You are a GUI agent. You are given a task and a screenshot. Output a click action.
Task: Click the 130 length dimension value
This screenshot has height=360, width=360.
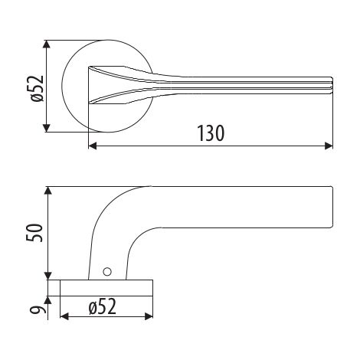click(211, 133)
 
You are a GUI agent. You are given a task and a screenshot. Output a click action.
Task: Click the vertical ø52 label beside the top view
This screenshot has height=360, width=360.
click(38, 89)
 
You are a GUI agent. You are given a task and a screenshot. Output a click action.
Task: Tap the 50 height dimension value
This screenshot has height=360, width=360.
click(34, 233)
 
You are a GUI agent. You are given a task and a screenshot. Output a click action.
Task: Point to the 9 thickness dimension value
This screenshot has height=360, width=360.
click(34, 310)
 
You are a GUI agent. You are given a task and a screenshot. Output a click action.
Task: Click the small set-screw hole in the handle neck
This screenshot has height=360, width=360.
click(107, 272)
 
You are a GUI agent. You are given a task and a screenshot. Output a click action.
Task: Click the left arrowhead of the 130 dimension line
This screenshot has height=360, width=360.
click(93, 146)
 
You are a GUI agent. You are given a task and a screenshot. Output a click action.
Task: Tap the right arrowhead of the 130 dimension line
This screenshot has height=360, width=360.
click(329, 146)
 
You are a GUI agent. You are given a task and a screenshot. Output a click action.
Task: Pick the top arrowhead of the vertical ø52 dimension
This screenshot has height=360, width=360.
click(46, 44)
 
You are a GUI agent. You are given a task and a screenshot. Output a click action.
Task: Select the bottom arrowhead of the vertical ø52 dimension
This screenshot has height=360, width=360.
click(46, 128)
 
